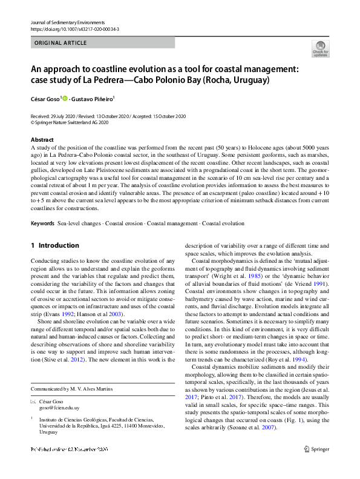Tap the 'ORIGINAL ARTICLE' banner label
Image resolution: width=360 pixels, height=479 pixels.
click(61, 44)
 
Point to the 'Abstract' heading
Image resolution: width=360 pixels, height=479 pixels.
click(42, 139)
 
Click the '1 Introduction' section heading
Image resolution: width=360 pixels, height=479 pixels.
click(54, 245)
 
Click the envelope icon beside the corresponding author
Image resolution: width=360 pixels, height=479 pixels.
click(33, 401)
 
